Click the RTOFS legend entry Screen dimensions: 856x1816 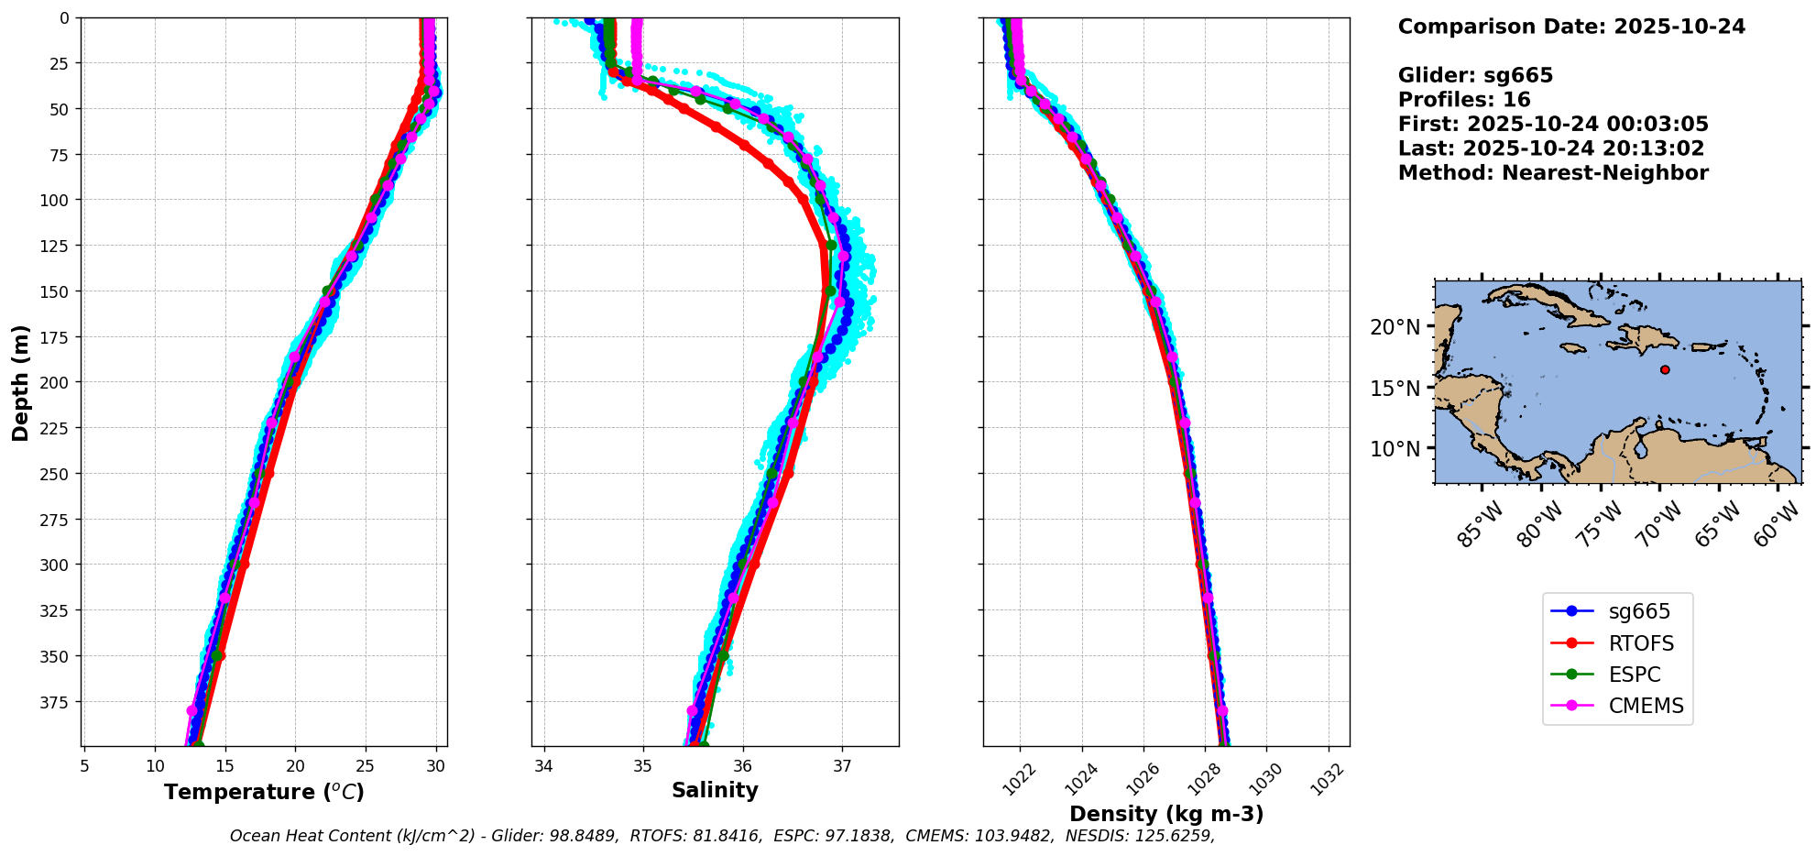click(1640, 643)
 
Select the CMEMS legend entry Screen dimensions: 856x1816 click(1646, 706)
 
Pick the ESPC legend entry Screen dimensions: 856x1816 click(1634, 675)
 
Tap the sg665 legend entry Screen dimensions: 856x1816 click(1639, 611)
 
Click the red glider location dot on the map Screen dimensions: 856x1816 click(1665, 370)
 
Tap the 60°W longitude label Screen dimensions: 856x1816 click(1778, 525)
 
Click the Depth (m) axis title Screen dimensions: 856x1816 click(20, 382)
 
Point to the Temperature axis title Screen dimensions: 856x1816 click(264, 792)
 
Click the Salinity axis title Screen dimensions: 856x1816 click(715, 790)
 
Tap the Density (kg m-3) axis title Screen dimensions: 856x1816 click(1166, 814)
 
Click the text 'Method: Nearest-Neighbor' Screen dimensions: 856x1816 click(1553, 173)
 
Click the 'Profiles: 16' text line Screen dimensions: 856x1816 click(1464, 100)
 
